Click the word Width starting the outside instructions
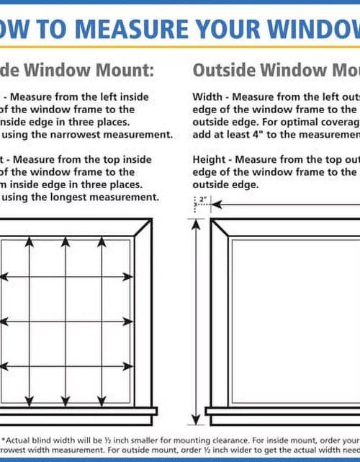(208, 97)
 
